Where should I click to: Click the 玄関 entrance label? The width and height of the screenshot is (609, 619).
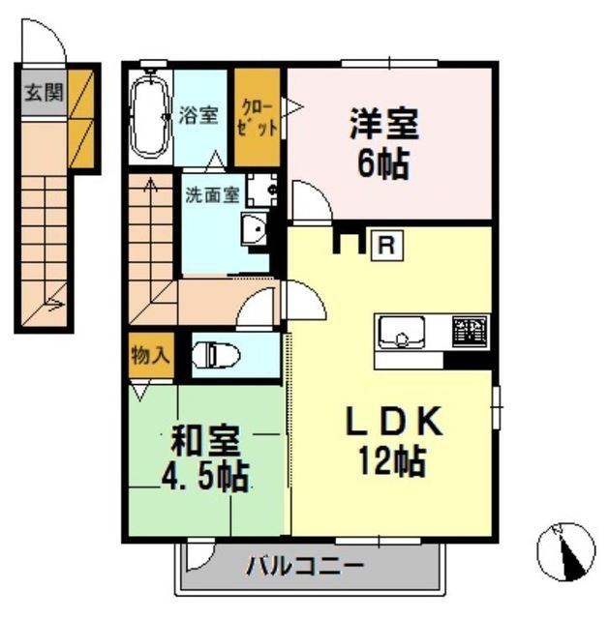[43, 93]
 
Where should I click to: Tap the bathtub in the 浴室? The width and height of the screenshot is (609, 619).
[149, 116]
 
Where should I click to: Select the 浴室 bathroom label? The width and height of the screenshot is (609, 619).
[199, 115]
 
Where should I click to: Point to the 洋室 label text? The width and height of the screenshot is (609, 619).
[383, 126]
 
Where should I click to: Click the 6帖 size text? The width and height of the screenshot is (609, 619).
[383, 162]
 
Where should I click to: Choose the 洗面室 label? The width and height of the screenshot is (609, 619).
[212, 192]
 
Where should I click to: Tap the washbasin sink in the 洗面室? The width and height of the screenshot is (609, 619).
[255, 230]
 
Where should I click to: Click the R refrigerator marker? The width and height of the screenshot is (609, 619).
[386, 245]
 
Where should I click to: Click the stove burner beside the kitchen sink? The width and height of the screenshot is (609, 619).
[470, 332]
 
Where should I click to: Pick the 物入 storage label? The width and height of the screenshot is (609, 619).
[150, 354]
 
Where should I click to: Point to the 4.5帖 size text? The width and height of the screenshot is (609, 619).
[203, 475]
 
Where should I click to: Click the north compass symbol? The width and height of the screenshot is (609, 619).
[565, 550]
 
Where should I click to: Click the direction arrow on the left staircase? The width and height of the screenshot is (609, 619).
[52, 309]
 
